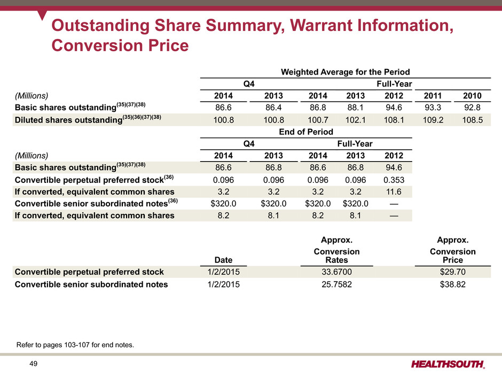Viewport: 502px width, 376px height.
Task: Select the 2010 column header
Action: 470,96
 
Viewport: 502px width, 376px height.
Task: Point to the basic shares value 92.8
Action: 470,108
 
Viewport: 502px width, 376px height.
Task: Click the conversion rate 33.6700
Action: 337,271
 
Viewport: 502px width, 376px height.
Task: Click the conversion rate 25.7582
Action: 337,284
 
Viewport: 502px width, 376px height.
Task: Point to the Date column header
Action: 223,260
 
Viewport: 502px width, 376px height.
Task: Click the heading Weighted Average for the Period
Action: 346,72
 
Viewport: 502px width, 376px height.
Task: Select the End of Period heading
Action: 306,132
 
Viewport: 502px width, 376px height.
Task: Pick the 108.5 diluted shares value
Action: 470,121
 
